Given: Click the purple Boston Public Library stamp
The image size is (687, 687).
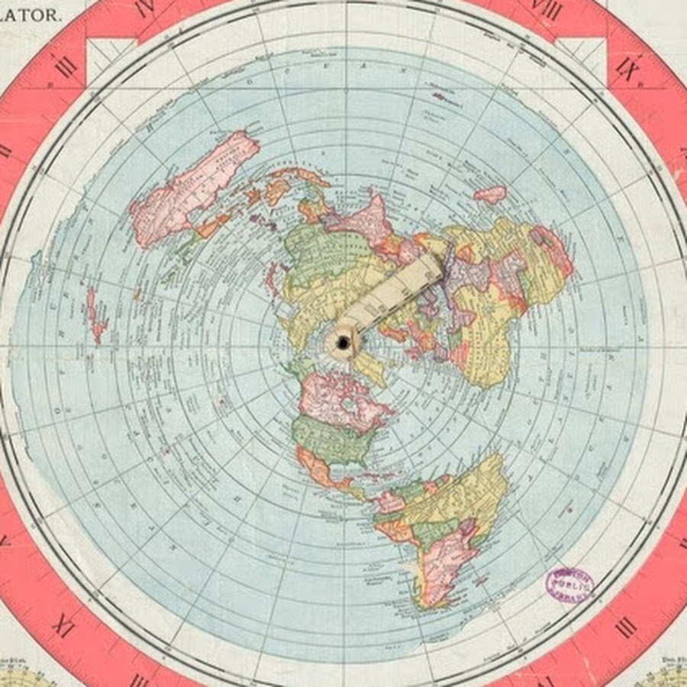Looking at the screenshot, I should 569,583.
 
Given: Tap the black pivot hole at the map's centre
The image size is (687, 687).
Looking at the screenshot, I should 343,344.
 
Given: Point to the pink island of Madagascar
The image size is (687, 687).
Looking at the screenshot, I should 490,194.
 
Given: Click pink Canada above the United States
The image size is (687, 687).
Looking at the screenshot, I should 336,397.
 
